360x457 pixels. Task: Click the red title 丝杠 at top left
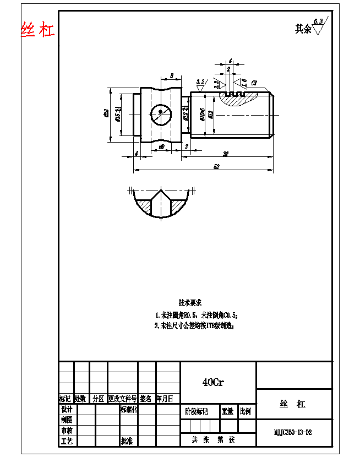pos(38,30)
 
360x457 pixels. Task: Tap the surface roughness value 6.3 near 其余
pos(318,21)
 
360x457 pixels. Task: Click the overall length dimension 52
pos(216,166)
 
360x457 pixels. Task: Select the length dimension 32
pos(226,153)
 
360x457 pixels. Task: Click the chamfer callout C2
pos(254,83)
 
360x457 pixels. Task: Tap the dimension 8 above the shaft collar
pos(172,75)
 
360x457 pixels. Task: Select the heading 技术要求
pos(190,303)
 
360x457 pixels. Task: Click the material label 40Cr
pos(212,382)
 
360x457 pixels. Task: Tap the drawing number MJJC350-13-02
pos(293,432)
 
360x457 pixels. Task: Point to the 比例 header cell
pos(246,411)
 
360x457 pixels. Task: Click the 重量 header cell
pos(227,411)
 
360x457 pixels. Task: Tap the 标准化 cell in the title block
pos(128,410)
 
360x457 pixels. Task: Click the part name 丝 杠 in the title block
pos(293,404)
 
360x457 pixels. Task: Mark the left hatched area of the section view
pos(145,206)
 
